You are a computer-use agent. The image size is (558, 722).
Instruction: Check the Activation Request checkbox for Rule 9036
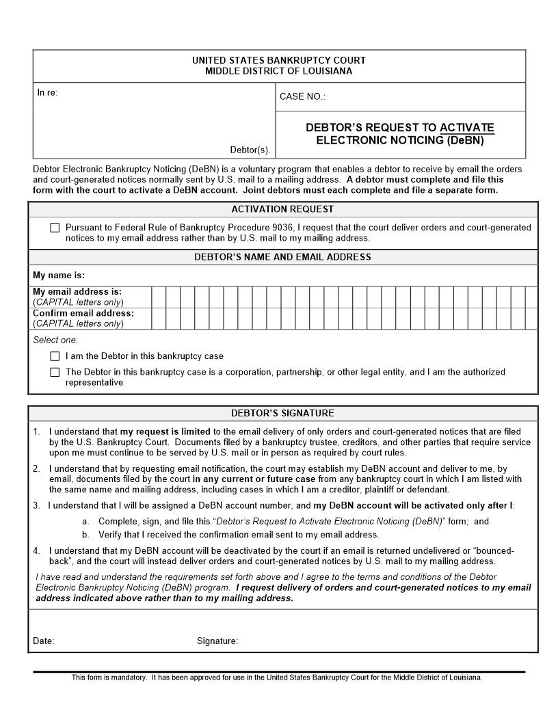coord(55,228)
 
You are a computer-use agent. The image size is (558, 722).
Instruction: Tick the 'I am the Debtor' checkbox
coord(55,356)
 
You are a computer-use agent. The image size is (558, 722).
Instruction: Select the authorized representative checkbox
coord(55,373)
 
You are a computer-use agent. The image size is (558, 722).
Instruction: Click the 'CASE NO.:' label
coord(302,97)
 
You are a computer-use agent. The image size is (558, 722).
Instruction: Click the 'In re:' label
coord(47,93)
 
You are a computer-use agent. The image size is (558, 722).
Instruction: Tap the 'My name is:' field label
coord(59,275)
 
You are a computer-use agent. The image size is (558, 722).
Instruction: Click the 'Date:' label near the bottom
coord(44,641)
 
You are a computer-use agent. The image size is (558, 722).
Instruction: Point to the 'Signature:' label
coord(217,641)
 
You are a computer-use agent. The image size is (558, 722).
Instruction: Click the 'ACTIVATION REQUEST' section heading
coord(282,209)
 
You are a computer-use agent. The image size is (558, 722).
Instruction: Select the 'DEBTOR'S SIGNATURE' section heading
coord(282,414)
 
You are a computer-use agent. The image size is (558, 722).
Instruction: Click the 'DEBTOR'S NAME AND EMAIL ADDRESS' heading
coord(282,257)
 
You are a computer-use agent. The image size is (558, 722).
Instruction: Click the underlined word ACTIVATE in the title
coord(467,128)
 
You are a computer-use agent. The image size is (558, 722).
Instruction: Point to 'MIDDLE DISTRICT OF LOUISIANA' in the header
coord(279,71)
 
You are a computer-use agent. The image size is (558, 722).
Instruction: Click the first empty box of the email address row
coord(158,297)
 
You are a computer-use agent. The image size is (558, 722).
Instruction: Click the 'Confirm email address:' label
coord(83,313)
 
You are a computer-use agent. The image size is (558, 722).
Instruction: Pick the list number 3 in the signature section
coord(37,506)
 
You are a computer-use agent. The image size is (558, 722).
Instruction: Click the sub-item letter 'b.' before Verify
coord(85,535)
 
